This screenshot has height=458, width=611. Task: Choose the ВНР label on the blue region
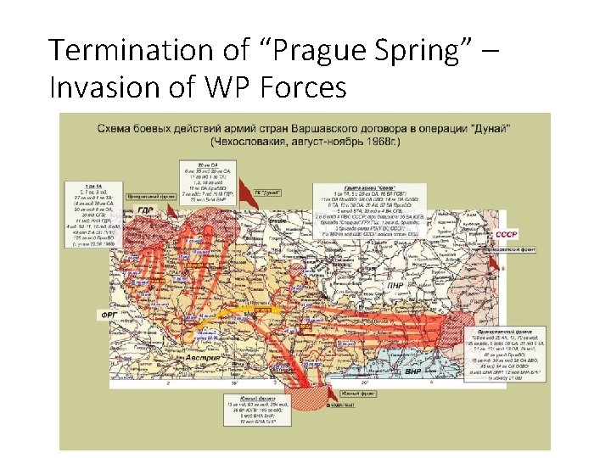tap(412, 371)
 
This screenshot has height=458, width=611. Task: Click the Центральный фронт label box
tap(146, 196)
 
